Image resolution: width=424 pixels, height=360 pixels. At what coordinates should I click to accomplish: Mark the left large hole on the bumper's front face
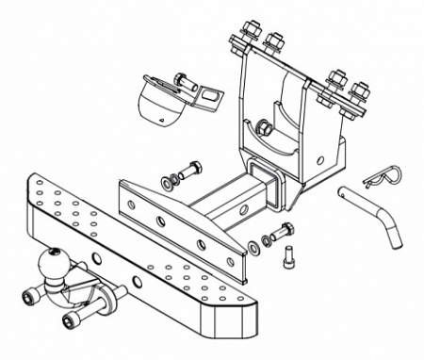click(96, 258)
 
